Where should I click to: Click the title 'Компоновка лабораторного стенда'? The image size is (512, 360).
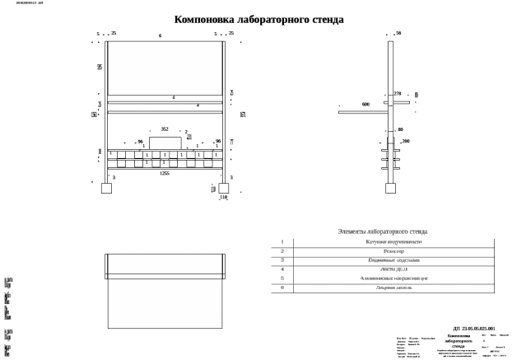point(258,20)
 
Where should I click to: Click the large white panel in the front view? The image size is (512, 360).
point(165,68)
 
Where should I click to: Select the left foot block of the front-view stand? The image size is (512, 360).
point(105,188)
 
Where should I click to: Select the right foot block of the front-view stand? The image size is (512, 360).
point(223,188)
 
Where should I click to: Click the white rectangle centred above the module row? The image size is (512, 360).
point(165,143)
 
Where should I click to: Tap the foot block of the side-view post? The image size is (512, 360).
point(390,188)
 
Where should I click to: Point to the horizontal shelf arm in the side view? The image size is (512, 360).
point(362,111)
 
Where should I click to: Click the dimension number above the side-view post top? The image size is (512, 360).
point(398,34)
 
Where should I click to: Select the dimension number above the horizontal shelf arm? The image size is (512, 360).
point(365,105)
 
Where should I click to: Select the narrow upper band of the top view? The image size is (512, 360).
point(165,266)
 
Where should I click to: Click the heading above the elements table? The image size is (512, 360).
point(382,232)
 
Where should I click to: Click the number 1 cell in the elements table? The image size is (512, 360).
point(282,242)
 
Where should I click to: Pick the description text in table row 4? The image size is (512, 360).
point(393,269)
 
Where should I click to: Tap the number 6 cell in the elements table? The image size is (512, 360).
point(282,288)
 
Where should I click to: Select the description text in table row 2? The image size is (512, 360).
point(393,250)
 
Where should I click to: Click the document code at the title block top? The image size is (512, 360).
point(473,328)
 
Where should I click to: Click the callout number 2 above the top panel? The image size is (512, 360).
point(160,36)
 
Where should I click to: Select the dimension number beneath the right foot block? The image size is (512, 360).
point(222,198)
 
